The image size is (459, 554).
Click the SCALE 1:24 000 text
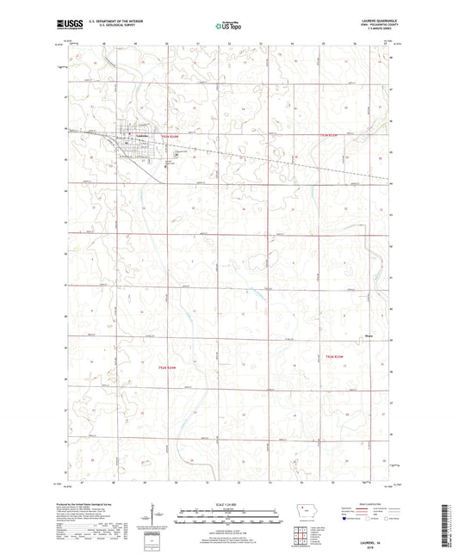pos(229,502)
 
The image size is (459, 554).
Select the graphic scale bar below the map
pos(229,514)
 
